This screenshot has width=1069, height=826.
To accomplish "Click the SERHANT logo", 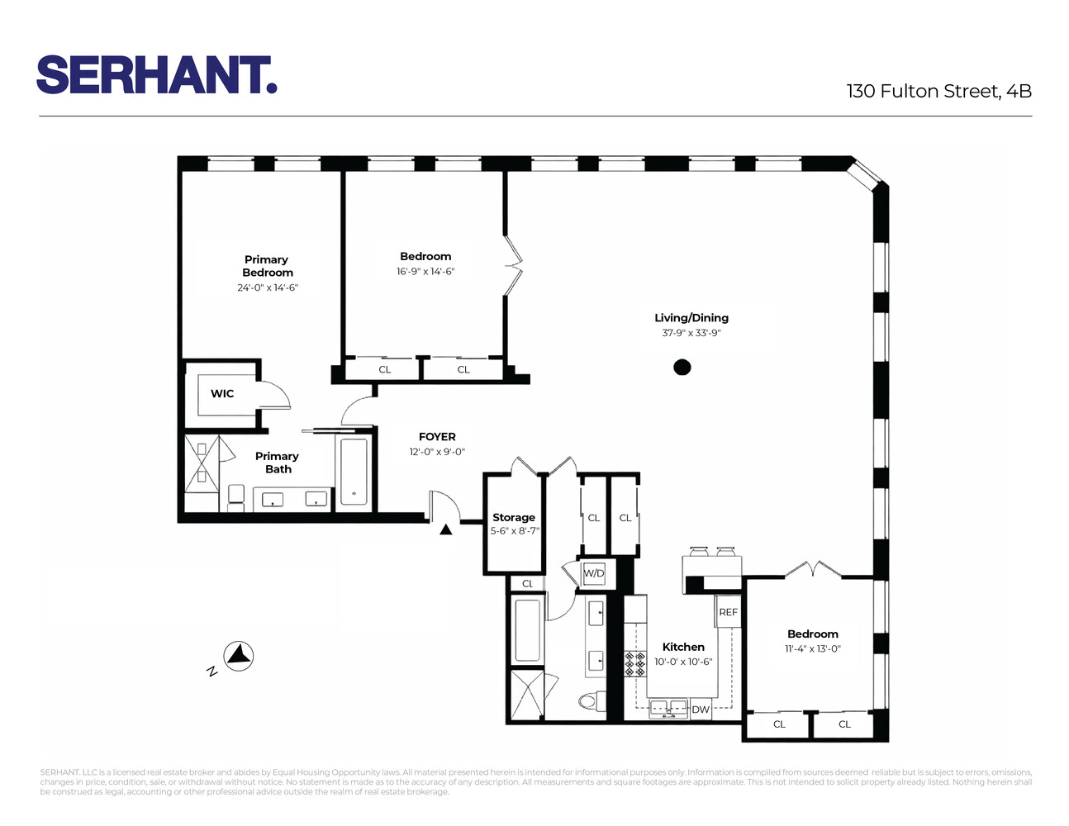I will [156, 75].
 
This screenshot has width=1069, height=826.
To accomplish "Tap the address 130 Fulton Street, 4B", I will [938, 91].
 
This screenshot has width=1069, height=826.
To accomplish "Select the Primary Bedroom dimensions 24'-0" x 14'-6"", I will [267, 287].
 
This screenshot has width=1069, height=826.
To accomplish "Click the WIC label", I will [222, 393].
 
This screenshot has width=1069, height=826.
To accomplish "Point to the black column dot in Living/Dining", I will [682, 367].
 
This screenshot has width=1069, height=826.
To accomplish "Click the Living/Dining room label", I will [691, 317].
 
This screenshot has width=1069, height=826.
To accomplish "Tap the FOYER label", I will [437, 436].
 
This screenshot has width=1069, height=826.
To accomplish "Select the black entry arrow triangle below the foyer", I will [446, 530].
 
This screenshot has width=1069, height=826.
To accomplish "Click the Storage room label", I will [514, 517].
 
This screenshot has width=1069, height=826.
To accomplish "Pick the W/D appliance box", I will [594, 573].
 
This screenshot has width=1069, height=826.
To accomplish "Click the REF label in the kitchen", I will [728, 612].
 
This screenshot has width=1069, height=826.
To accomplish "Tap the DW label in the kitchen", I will [701, 710].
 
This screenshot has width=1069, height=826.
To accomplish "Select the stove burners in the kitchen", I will [634, 664].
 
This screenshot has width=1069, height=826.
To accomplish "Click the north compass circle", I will [239, 657].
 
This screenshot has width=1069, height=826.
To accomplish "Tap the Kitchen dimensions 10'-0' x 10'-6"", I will [683, 662].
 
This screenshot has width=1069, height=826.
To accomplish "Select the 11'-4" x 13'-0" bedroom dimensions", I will [812, 648].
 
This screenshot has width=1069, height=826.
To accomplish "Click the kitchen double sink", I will [668, 707].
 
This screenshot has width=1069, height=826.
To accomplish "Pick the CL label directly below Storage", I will [527, 583].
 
